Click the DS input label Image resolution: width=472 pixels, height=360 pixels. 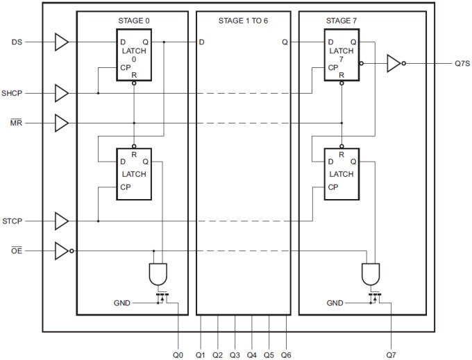[x=17, y=42]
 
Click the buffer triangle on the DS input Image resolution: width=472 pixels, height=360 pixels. [x=61, y=42]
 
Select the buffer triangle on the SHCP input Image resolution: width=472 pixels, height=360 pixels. [x=61, y=92]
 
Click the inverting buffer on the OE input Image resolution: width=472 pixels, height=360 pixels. [x=62, y=251]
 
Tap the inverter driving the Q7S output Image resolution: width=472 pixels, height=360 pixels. [x=394, y=63]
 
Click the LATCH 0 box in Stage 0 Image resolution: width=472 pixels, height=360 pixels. [x=133, y=55]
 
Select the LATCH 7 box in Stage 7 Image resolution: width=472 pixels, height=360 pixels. [x=342, y=55]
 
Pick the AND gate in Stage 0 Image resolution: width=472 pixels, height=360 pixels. [x=158, y=273]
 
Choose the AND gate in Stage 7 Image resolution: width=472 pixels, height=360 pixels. [x=370, y=273]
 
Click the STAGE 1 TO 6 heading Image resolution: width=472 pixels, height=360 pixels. [x=243, y=20]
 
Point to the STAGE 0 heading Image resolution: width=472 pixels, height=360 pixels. [x=133, y=20]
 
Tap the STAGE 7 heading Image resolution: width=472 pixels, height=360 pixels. [x=342, y=20]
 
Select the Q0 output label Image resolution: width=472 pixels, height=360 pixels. [x=178, y=354]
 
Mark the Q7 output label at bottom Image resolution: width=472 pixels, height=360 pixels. [x=391, y=354]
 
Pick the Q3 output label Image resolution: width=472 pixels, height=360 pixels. [x=235, y=354]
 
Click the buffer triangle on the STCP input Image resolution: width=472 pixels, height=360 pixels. [x=61, y=222]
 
